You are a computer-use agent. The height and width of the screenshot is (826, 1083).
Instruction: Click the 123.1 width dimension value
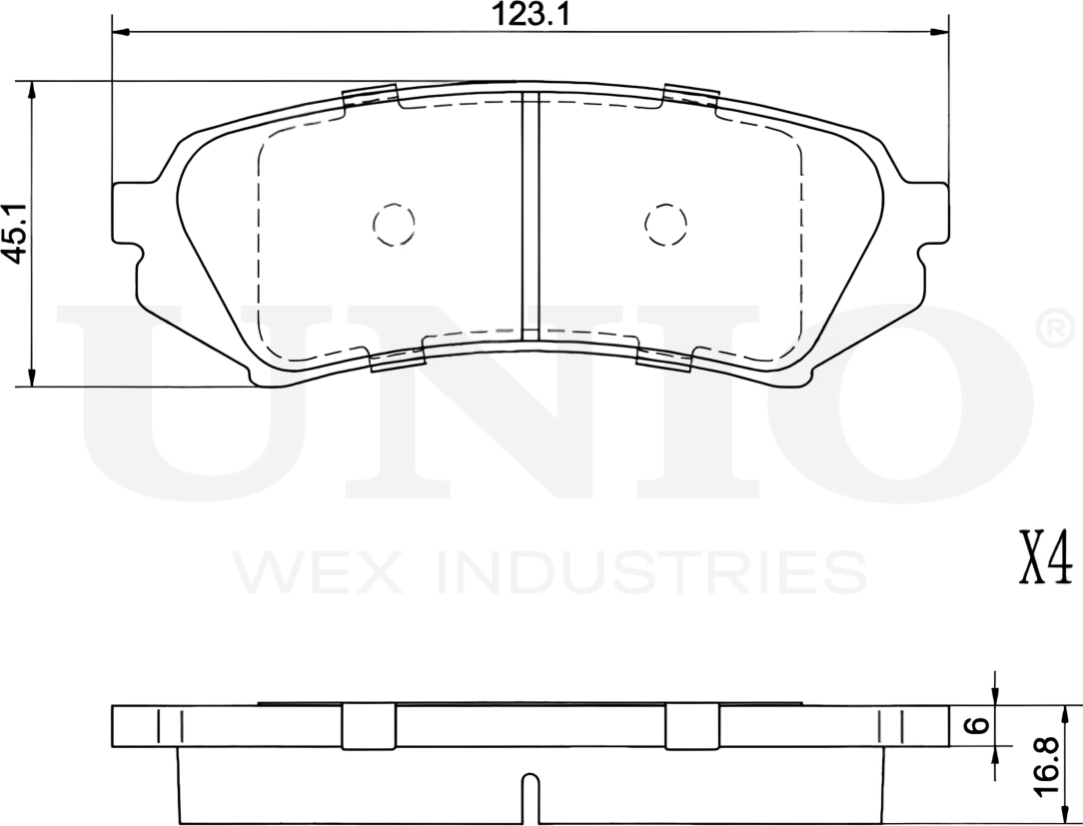click(x=530, y=14)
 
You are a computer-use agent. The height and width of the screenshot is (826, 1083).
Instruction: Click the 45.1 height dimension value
click(x=13, y=233)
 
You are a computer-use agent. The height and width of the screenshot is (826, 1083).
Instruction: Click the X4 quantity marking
click(x=1043, y=559)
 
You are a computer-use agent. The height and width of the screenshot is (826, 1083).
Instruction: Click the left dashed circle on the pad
click(x=393, y=223)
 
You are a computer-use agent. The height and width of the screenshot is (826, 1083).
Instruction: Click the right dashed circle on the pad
click(x=666, y=223)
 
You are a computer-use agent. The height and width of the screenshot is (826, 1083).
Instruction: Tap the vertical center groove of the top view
click(x=531, y=215)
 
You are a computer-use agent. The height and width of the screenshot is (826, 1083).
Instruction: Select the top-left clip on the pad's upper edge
click(x=370, y=98)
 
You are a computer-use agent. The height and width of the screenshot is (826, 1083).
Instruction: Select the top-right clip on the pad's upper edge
click(x=691, y=97)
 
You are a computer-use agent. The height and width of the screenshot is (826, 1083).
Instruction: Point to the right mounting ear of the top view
click(x=928, y=212)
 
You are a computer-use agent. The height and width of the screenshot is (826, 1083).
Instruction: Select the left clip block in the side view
click(x=369, y=726)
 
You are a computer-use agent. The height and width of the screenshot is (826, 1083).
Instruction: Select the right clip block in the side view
click(x=691, y=726)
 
